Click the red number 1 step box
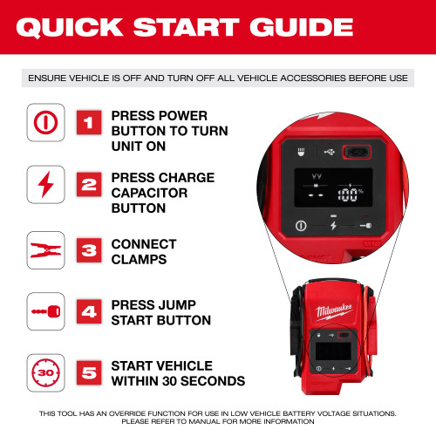pos(87,122)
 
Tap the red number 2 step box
pos(87,185)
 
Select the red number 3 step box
pos(87,250)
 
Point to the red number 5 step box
pos(87,372)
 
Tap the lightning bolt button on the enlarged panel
pos(333,224)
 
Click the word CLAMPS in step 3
pos(143,259)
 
